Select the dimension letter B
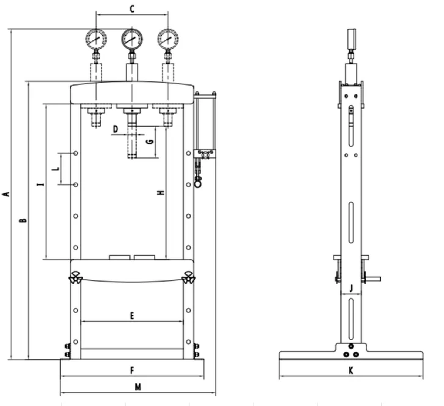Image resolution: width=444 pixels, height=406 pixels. coord(23,220)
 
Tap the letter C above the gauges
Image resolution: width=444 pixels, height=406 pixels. coord(132,9)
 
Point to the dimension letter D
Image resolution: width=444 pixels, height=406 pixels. coord(115,129)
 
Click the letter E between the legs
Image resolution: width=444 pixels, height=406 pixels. coord(132,316)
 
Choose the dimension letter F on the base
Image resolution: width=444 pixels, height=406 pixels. coord(132,370)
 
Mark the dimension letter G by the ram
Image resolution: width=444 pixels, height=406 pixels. coord(150,142)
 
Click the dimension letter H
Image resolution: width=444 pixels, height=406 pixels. coord(161,193)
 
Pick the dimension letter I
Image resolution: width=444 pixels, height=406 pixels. coord(40,184)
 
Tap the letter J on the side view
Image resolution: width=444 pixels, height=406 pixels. coord(351,288)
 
